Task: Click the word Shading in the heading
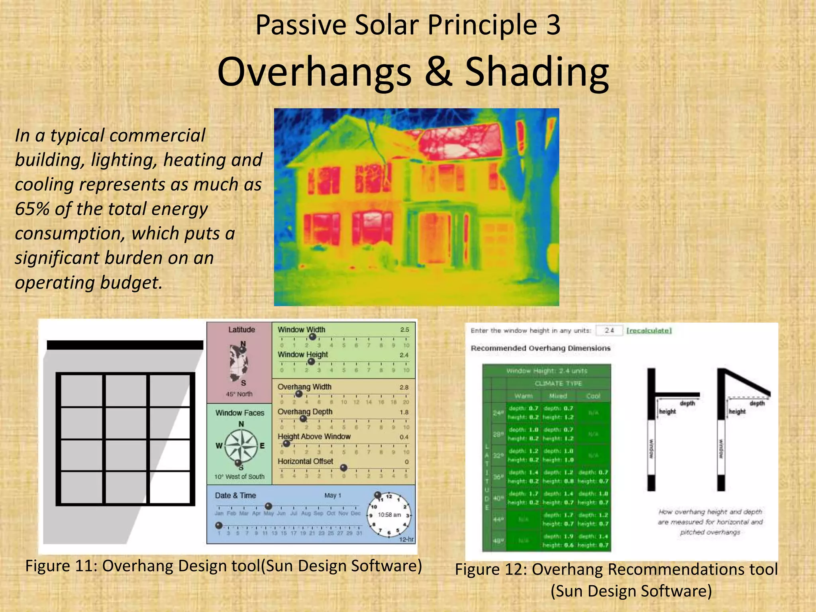537,72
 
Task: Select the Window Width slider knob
313,337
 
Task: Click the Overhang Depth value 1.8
404,412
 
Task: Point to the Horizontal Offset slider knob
343,467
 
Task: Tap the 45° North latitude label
239,394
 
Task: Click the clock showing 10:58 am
390,515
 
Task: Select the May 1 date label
333,495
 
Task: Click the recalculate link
649,331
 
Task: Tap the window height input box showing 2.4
609,331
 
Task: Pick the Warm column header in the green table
523,396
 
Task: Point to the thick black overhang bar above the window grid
125,345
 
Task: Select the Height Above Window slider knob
286,443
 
